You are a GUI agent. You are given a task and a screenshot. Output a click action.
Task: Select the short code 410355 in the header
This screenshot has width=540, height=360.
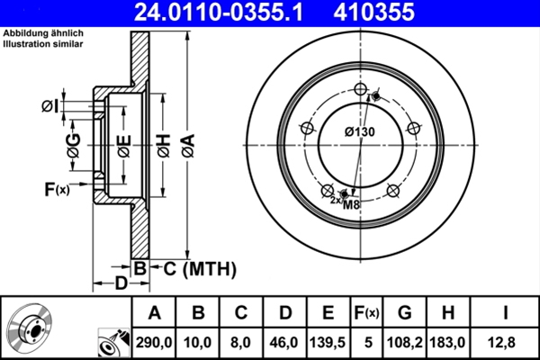(x=400, y=13)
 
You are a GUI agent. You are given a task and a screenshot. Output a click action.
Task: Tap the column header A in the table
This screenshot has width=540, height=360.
(x=154, y=313)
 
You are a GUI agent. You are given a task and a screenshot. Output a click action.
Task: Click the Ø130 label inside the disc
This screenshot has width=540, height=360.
(x=359, y=133)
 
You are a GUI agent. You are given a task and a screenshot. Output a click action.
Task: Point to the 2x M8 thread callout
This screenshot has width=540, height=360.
(x=345, y=202)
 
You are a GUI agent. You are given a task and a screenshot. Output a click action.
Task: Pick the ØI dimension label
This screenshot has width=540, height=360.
(x=50, y=107)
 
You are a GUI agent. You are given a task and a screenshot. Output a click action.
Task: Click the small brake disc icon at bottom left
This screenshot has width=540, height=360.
(x=30, y=328)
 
